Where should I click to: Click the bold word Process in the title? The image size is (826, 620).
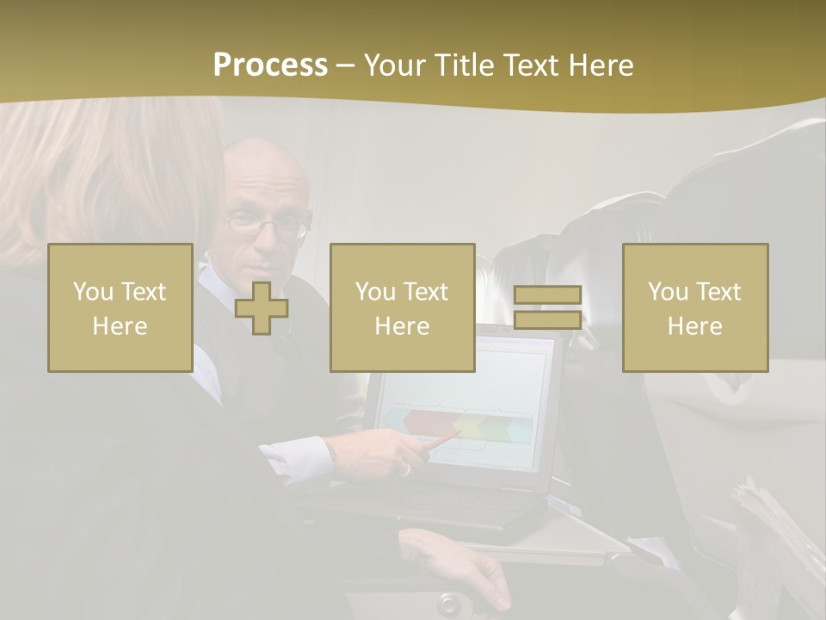point(270,65)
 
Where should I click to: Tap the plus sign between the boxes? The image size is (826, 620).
point(262,307)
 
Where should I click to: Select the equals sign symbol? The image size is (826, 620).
point(547,307)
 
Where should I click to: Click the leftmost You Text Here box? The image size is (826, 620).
point(120,307)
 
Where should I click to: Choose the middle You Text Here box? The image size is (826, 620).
point(402,307)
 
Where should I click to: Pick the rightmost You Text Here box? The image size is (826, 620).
point(694,307)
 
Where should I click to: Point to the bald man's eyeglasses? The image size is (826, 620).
point(267,226)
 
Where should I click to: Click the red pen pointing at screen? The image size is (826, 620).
point(444,440)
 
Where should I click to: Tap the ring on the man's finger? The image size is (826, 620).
point(405,469)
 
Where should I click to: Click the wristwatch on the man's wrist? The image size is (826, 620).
point(330,451)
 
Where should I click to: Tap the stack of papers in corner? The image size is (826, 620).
point(774,534)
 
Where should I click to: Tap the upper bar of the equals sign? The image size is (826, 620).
point(547,295)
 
